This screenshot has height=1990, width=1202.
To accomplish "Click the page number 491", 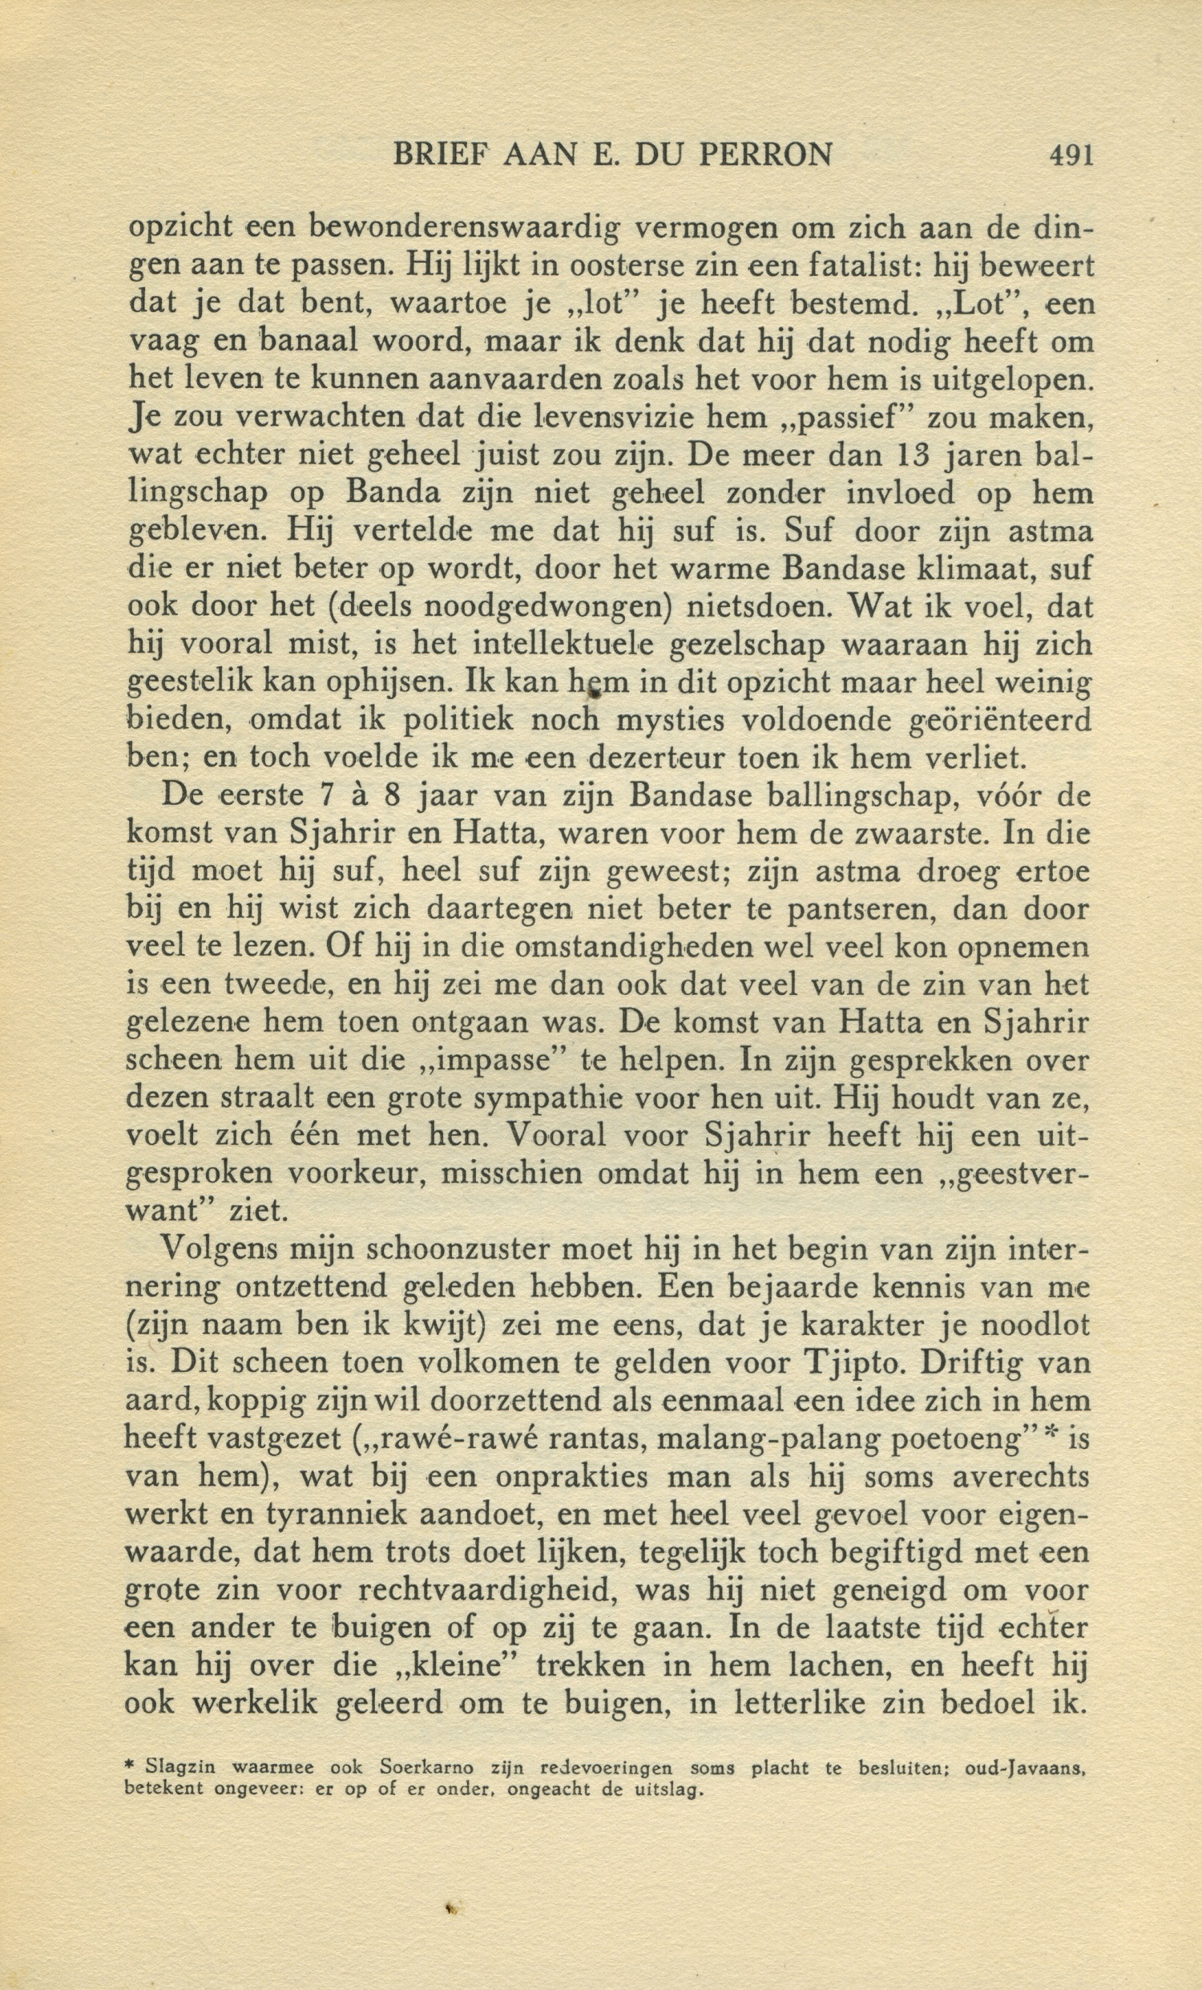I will pos(1071,153).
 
